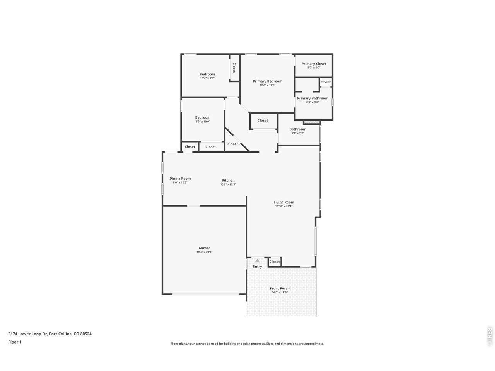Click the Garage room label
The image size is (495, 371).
pos(205,248)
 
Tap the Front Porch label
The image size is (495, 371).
pos(280,288)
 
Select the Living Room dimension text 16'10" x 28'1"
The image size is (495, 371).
pos(283,206)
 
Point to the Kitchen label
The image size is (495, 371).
pos(228,180)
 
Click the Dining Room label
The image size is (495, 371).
pos(180,179)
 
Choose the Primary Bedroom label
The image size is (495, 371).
pos(268,81)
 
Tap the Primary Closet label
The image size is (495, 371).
pos(314,64)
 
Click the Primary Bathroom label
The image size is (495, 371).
pos(312,98)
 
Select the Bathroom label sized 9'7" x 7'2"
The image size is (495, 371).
pos(298,129)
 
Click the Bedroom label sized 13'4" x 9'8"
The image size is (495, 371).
pos(207,74)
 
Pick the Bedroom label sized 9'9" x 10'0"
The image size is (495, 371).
pos(203,117)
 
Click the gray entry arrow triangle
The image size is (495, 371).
pos(258,261)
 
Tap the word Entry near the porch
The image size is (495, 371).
pos(258,267)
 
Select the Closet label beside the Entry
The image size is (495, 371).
pos(275,262)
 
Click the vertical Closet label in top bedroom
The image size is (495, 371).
pos(234,68)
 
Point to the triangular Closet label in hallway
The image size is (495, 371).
pos(232,144)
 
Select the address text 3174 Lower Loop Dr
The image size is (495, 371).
pos(28,334)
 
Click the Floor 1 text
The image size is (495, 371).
pos(15,342)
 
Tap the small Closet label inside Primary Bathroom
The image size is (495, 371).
pos(326,82)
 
